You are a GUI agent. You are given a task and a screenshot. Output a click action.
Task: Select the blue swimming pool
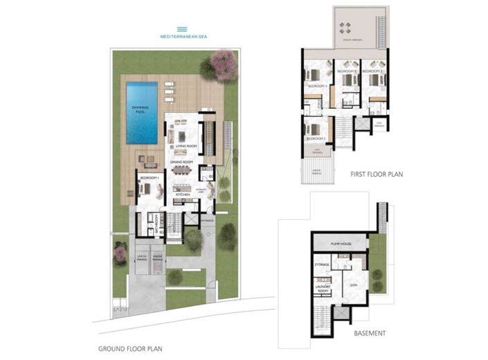141,111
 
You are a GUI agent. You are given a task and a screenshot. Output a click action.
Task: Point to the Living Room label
187,147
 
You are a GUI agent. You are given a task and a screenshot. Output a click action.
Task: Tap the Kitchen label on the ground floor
183,195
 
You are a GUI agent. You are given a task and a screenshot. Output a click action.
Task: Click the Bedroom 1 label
150,178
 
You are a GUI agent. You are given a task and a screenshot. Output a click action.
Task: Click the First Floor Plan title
376,175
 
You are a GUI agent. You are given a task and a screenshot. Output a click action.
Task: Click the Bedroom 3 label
346,71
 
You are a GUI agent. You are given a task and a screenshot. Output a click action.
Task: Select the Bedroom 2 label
372,71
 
